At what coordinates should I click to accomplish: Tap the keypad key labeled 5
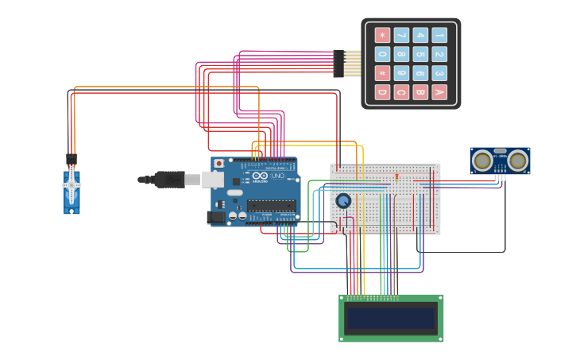pos(420,54)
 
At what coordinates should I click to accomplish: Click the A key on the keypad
pos(439,92)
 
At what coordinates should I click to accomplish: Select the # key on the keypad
pos(382,73)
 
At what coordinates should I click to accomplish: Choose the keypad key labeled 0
pos(382,54)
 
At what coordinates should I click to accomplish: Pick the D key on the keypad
pos(382,92)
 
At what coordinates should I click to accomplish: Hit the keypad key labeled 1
pos(439,35)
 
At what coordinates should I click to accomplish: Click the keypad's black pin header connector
pos(338,64)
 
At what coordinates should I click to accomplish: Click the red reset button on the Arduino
pos(219,164)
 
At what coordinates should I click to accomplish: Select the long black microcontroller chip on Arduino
pos(271,206)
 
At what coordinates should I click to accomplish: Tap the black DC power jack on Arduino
pos(215,217)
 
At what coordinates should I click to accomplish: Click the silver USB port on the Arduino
pos(213,180)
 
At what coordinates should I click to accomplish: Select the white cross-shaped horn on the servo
pos(72,185)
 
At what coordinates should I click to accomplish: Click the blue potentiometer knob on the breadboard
pos(343,201)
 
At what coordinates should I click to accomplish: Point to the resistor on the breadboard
pos(397,176)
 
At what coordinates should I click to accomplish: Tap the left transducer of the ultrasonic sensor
pos(482,161)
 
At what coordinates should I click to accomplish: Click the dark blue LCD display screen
pos(391,319)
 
